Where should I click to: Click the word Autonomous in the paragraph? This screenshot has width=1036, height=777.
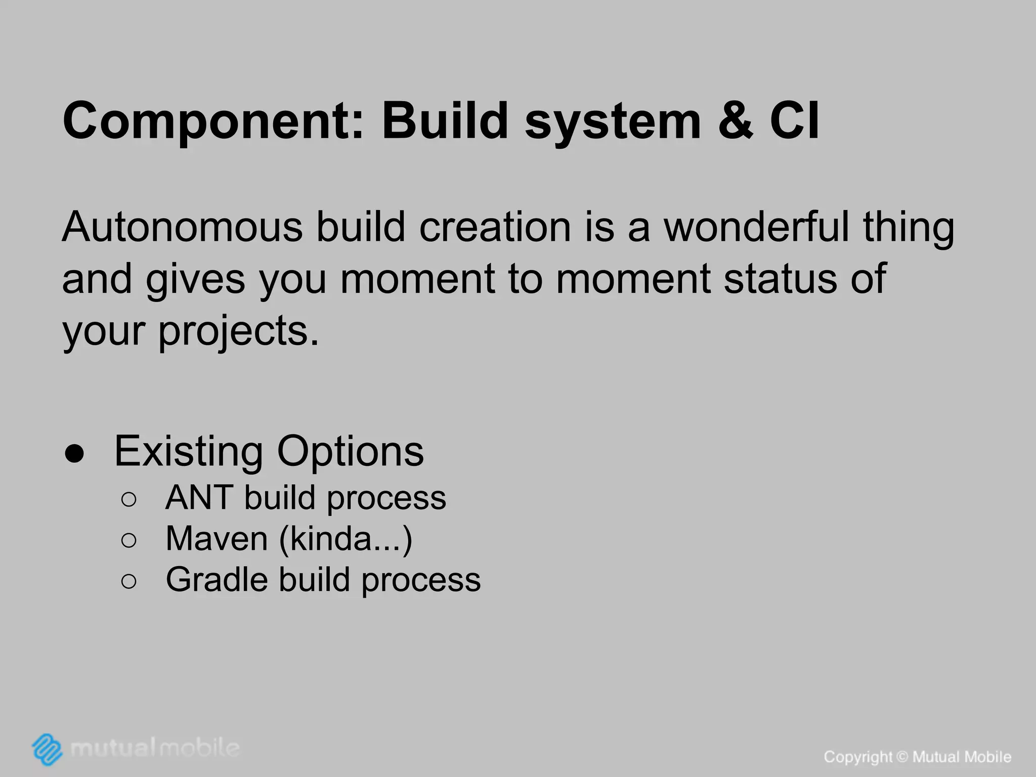pyautogui.click(x=182, y=227)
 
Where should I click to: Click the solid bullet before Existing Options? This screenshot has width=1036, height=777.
pyautogui.click(x=75, y=454)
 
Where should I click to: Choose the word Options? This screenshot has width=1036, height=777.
pyautogui.click(x=350, y=452)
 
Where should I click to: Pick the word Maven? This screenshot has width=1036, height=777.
pyautogui.click(x=217, y=539)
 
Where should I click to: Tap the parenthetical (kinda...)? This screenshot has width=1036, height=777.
pyautogui.click(x=346, y=540)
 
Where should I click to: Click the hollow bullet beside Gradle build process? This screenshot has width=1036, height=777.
pyautogui.click(x=129, y=582)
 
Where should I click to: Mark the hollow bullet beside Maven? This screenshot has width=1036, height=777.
pyautogui.click(x=129, y=541)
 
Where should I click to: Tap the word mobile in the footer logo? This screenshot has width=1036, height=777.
pyautogui.click(x=199, y=748)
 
